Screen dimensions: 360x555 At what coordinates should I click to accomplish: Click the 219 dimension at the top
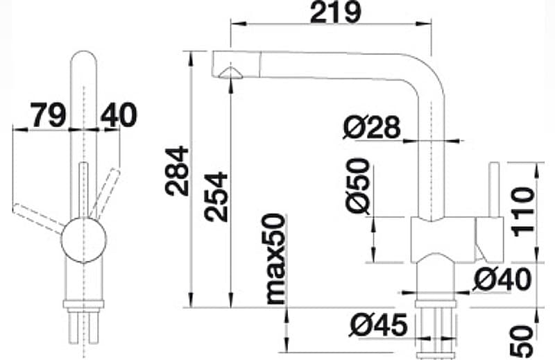pyautogui.click(x=335, y=12)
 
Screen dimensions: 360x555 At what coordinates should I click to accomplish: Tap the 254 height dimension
pyautogui.click(x=216, y=196)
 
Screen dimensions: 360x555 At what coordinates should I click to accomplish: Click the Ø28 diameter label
pyautogui.click(x=373, y=127)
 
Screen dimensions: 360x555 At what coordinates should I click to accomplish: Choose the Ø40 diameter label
pyautogui.click(x=502, y=280)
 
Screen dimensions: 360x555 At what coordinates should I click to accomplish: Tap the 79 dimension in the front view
pyautogui.click(x=47, y=114)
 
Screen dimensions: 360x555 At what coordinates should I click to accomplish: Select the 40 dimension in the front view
pyautogui.click(x=119, y=114)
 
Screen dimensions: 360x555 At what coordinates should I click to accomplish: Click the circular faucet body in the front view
pyautogui.click(x=84, y=240)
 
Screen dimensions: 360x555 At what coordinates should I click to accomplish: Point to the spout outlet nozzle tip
pyautogui.click(x=230, y=72)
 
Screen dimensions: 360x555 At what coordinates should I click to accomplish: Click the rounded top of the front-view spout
pyautogui.click(x=85, y=59)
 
